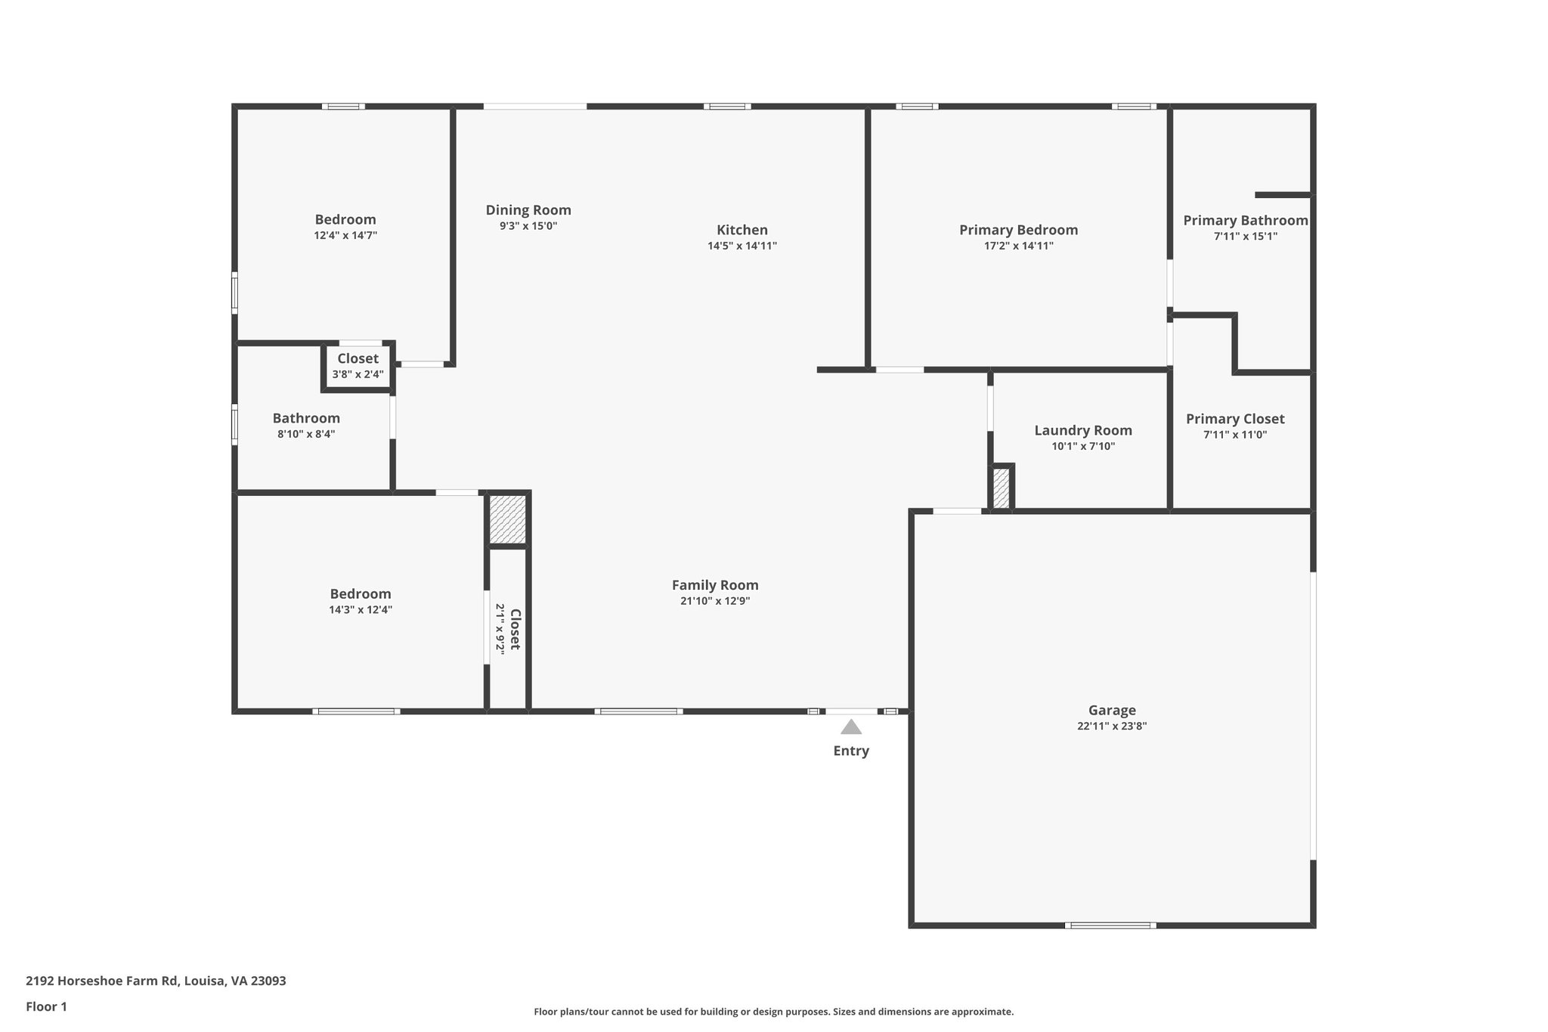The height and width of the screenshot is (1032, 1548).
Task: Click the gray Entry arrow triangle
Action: pos(851,727)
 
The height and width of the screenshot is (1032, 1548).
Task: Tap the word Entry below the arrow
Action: pos(851,751)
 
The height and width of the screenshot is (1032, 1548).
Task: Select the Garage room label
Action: pos(1112,710)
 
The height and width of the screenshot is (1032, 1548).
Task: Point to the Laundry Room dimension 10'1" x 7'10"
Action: pos(1083,446)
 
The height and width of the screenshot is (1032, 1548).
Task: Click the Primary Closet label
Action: pos(1235,419)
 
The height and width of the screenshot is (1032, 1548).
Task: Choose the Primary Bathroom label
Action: pos(1245,220)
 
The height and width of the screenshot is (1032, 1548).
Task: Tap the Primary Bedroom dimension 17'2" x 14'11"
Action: pos(1018,246)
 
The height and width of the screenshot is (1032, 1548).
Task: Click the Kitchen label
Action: pos(742,230)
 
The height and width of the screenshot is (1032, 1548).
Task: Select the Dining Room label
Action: pos(528,210)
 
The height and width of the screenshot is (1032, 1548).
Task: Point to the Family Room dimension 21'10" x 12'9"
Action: pos(715,601)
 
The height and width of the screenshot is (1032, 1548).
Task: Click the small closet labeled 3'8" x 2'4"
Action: pos(358,366)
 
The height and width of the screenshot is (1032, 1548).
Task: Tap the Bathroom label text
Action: pos(306,418)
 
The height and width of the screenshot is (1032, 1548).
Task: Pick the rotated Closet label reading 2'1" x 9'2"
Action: pos(509,629)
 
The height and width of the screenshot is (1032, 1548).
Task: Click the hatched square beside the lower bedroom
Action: pos(508,519)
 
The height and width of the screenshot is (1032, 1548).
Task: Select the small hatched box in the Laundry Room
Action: pos(1001,488)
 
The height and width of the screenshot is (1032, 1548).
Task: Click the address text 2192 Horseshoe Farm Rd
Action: pos(156,981)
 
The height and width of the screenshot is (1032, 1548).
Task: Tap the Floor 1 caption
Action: pos(46,1006)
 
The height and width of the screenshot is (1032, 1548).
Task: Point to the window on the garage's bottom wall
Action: pos(1110,925)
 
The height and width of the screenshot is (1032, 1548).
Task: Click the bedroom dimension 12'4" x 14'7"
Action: pos(345,235)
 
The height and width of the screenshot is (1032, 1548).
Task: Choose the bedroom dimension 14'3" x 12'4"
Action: pos(361,610)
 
